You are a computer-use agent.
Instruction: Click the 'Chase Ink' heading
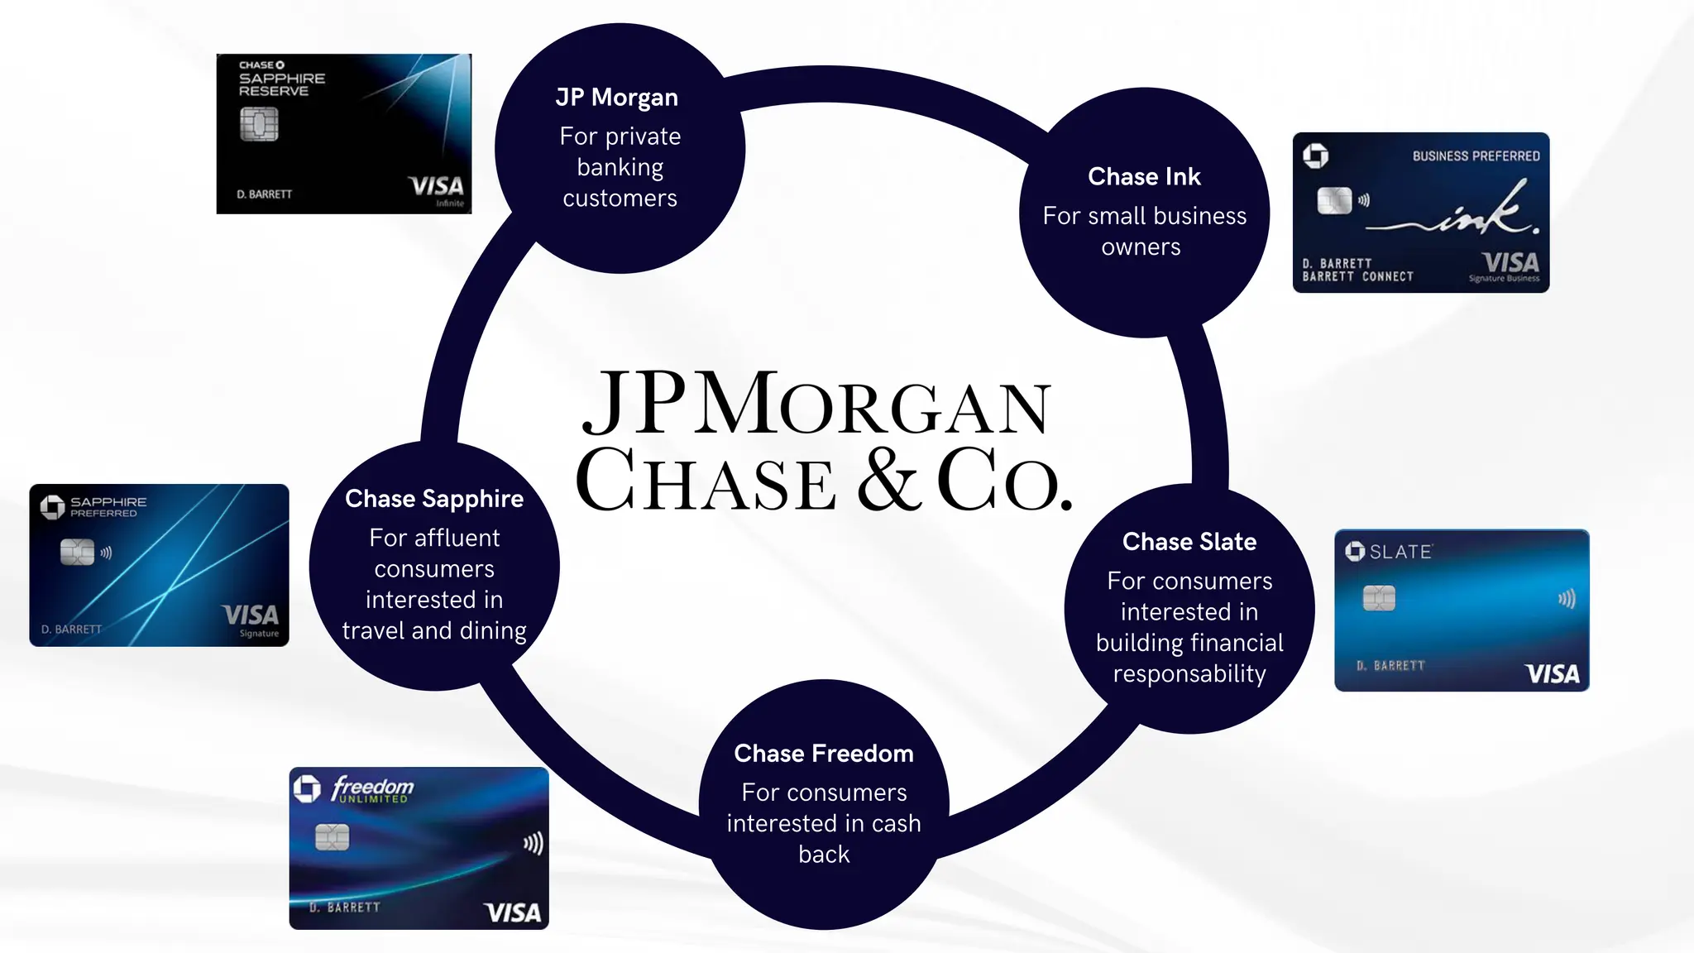click(1144, 177)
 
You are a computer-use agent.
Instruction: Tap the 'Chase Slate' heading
click(1189, 542)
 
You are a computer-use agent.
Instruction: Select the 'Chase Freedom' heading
click(824, 754)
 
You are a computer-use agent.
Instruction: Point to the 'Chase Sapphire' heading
click(434, 499)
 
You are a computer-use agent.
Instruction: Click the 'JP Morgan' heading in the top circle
click(617, 98)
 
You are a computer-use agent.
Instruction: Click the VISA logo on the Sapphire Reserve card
click(437, 186)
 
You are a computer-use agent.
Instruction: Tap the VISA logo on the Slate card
click(1552, 674)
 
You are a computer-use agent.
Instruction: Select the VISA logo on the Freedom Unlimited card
click(512, 912)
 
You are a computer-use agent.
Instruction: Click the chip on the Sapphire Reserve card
click(259, 125)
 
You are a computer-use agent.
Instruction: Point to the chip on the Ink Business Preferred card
click(1333, 200)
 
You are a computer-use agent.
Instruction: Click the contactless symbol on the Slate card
click(1567, 598)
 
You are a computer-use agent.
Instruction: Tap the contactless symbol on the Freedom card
click(534, 843)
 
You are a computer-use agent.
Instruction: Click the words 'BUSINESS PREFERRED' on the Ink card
click(1476, 156)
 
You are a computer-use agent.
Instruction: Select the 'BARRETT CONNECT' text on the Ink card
click(1357, 277)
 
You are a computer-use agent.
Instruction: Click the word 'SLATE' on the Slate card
click(1400, 552)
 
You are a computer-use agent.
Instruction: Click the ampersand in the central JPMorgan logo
click(888, 480)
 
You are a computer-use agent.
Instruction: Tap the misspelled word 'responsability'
click(1189, 674)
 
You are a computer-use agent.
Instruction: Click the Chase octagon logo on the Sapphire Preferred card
click(52, 507)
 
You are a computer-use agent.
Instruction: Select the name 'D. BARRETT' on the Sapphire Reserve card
click(265, 194)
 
